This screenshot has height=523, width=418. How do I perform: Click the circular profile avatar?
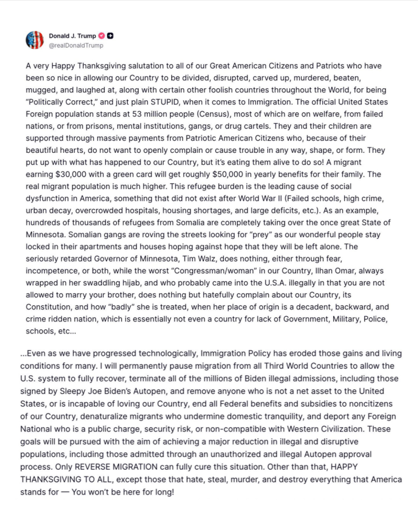34,40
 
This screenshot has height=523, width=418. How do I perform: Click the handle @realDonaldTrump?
76,46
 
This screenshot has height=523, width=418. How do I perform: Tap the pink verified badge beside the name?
102,36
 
